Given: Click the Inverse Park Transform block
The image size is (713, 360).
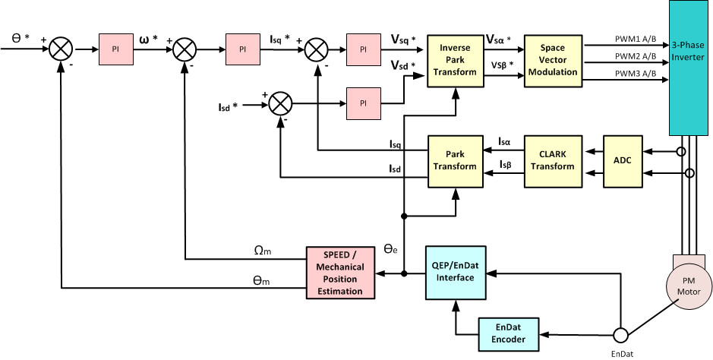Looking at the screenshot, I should [x=454, y=60].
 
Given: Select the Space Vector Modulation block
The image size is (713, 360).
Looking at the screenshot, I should [x=552, y=60].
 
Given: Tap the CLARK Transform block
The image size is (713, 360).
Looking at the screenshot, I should [x=552, y=161].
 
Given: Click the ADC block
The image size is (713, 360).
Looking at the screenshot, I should [x=622, y=161].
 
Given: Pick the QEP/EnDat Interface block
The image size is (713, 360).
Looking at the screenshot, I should [x=454, y=271].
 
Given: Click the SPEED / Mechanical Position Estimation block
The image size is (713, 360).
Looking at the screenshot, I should [x=340, y=271].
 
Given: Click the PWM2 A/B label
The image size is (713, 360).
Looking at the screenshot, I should [x=636, y=56].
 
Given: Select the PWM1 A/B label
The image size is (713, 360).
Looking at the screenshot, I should [x=636, y=38].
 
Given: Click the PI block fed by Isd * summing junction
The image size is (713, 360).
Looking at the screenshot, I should [x=363, y=103].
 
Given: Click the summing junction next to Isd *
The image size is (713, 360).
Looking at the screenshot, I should [x=282, y=103].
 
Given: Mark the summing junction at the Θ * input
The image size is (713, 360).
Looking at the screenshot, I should [x=62, y=49].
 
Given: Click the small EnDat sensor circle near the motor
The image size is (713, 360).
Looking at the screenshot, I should [x=620, y=334].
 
